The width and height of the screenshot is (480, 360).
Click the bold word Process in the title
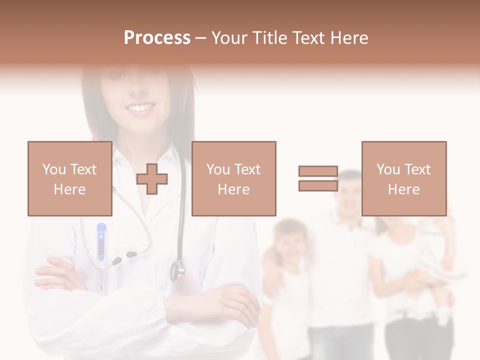[157, 38]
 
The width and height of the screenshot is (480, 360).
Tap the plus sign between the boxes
[152, 179]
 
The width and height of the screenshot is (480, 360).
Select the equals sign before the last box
[318, 178]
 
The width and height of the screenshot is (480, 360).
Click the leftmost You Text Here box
[69, 178]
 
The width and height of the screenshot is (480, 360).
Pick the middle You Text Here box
[233, 178]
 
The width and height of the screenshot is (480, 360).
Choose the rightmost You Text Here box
[403, 178]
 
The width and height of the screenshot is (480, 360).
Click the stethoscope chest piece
[177, 270]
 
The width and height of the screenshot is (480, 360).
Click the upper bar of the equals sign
[318, 171]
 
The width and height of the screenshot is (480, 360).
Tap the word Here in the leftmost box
[69, 189]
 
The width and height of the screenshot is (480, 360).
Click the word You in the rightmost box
[387, 169]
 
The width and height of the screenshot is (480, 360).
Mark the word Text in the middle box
[247, 169]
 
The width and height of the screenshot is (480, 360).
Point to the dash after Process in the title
[200, 38]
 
